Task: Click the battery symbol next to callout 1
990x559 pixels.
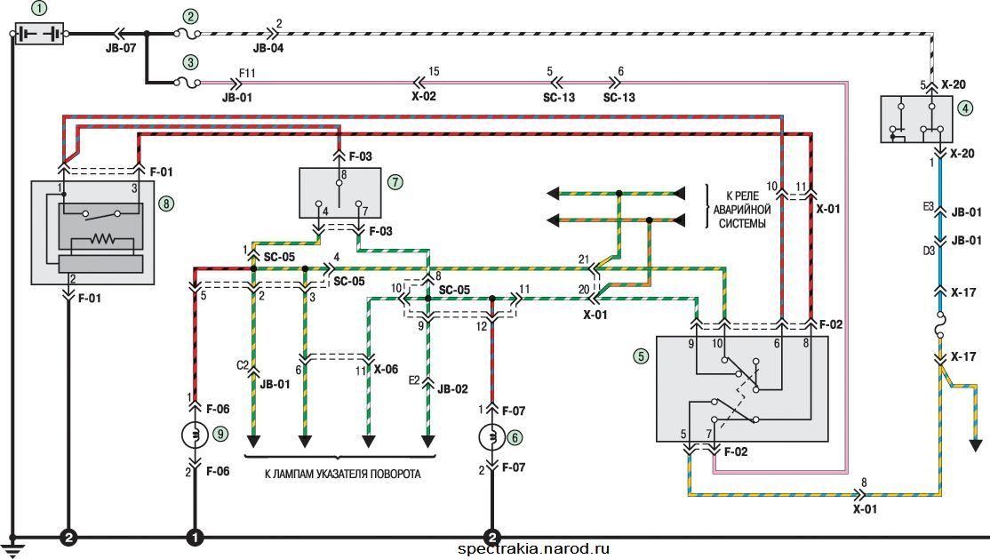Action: tap(39, 34)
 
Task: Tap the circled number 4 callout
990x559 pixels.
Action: tap(964, 108)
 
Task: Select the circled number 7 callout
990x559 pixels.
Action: tap(395, 182)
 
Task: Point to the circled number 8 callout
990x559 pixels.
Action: tap(166, 204)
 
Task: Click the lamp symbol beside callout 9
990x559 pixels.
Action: tap(196, 435)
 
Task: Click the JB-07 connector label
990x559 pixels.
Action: tap(121, 48)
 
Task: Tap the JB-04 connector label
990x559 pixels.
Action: tap(268, 48)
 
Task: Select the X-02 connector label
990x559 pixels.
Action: tap(424, 96)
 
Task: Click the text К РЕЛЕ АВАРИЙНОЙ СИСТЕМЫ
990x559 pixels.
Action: tap(742, 209)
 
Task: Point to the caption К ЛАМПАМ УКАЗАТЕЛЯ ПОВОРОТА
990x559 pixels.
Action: tap(342, 474)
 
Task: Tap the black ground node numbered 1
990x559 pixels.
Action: tap(195, 538)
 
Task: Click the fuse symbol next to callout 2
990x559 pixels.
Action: tap(188, 34)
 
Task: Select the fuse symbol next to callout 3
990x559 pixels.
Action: tap(188, 82)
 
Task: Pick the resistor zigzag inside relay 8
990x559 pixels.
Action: tap(101, 239)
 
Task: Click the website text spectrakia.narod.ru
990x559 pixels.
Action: tap(534, 549)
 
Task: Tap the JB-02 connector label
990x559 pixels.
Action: tap(452, 389)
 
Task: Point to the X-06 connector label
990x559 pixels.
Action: tap(386, 369)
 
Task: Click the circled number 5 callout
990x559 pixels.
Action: tap(641, 356)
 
